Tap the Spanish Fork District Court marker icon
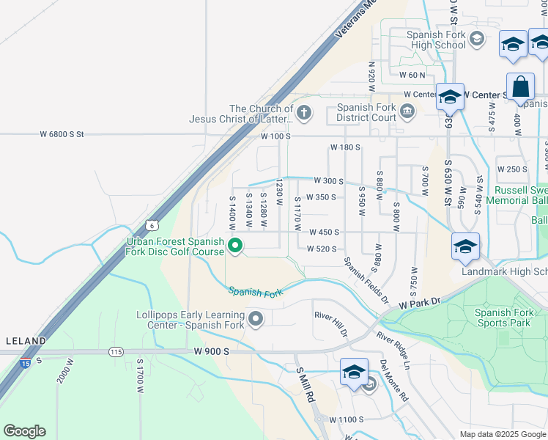click(x=407, y=112)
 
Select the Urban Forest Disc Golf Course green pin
click(x=235, y=246)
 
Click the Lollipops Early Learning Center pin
click(x=256, y=318)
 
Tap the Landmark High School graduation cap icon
click(x=465, y=247)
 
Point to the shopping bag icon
click(x=520, y=87)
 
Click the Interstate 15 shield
click(x=26, y=364)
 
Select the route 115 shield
click(x=116, y=352)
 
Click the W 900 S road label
click(x=212, y=352)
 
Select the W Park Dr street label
click(x=418, y=302)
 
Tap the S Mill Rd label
click(x=304, y=386)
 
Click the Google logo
click(x=24, y=431)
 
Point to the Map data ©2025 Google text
click(x=502, y=434)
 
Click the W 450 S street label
click(x=323, y=232)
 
